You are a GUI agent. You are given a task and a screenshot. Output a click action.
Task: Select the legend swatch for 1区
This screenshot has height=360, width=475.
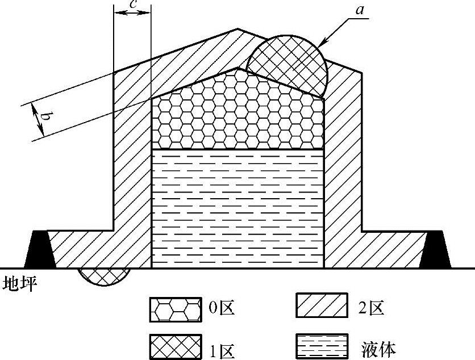coord(176,345)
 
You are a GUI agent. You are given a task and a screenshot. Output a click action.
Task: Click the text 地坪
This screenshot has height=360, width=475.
coord(18,284)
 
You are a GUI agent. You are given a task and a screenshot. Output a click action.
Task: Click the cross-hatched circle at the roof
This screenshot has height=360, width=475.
coord(287,64)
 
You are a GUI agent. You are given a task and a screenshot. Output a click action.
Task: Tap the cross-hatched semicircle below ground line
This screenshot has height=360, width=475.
coord(103,276)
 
